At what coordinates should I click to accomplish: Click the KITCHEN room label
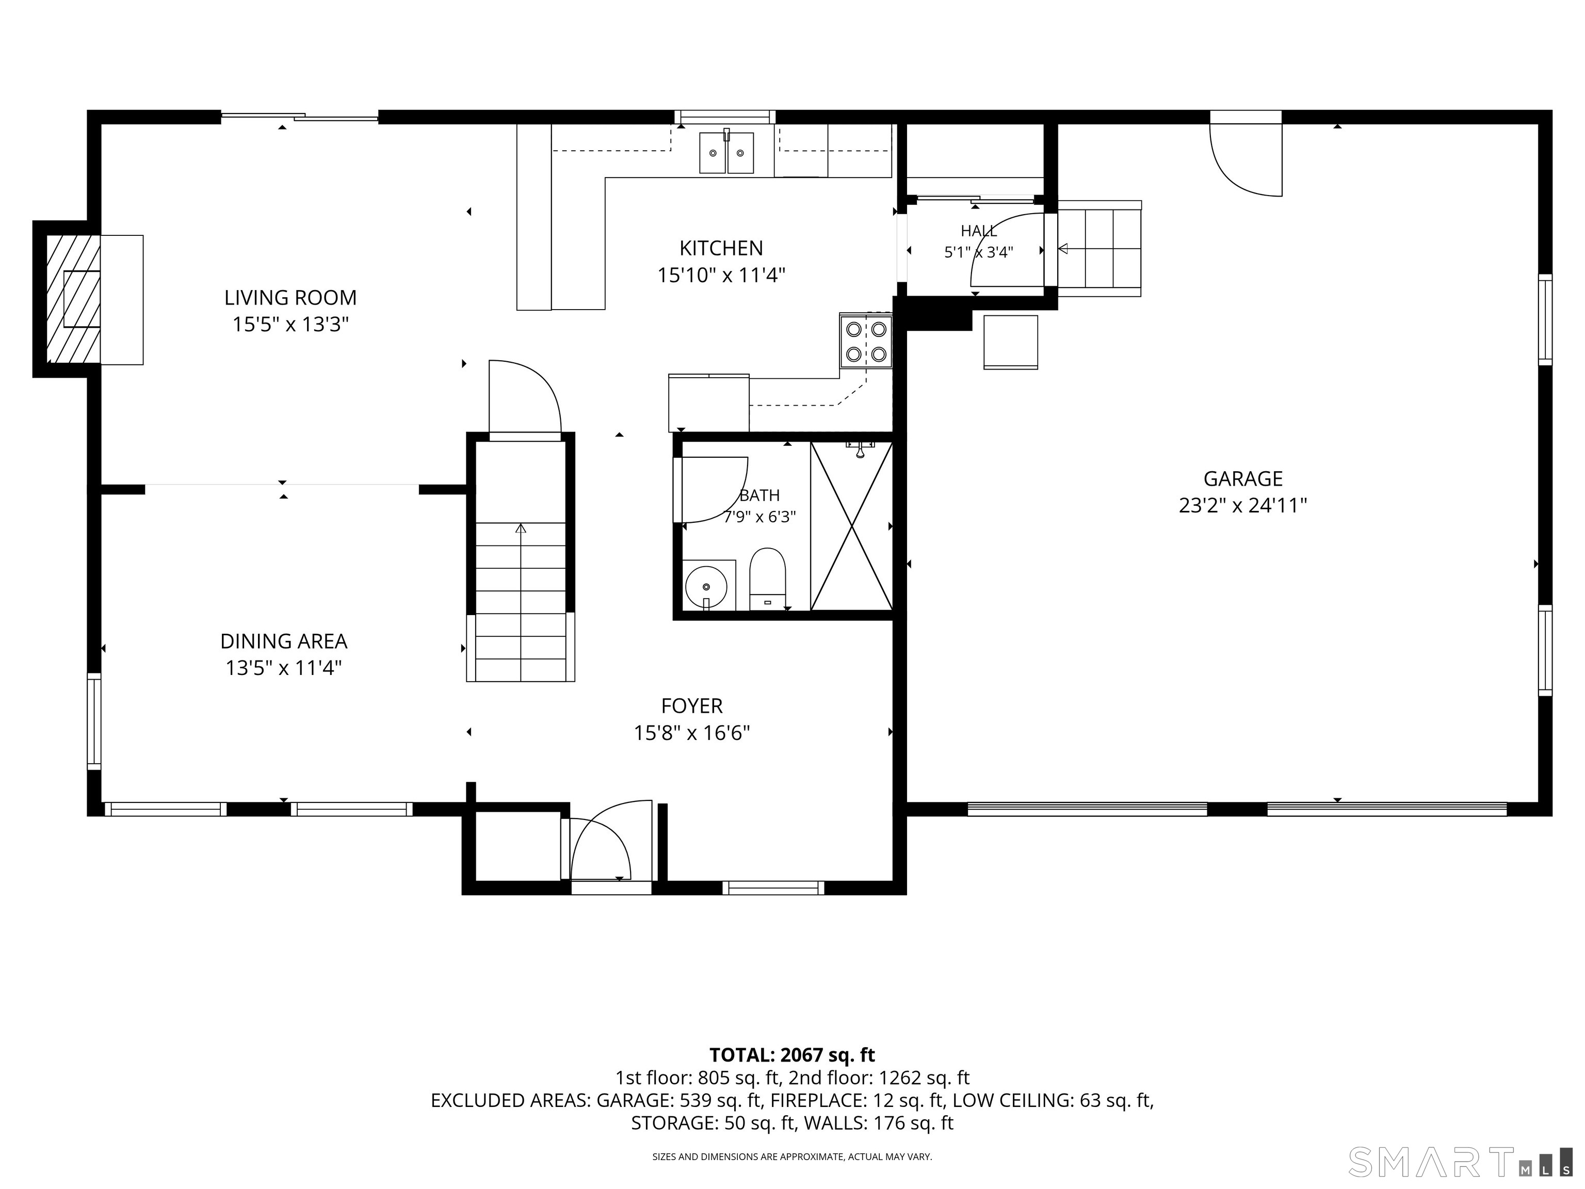click(721, 248)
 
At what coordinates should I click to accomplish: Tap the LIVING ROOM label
click(290, 297)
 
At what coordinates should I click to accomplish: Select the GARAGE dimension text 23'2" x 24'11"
click(1242, 506)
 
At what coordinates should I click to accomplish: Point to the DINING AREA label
click(284, 641)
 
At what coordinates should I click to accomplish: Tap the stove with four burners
click(866, 341)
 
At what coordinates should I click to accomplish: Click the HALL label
click(978, 231)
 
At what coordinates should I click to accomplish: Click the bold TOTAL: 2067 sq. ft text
click(792, 1055)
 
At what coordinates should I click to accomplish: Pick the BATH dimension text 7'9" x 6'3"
click(759, 517)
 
